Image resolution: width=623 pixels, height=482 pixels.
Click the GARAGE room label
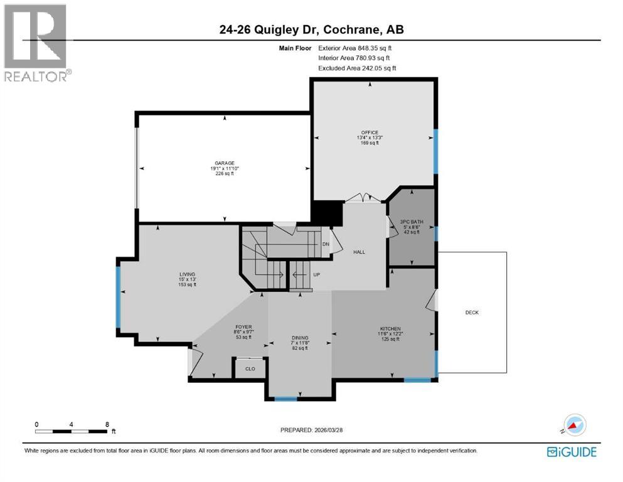coord(222,163)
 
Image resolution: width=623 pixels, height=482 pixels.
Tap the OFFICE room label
coord(370,132)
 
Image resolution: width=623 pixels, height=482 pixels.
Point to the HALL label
coord(359,252)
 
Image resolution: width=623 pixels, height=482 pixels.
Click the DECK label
coord(472,313)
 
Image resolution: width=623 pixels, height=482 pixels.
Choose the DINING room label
coord(300,338)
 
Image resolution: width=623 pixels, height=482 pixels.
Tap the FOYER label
coord(243,327)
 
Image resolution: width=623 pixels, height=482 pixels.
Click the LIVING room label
coord(187,274)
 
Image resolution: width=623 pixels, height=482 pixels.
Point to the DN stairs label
coord(326,244)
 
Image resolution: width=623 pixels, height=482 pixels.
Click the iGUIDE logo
coord(571,452)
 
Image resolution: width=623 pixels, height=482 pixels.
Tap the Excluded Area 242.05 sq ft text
coord(357,68)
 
